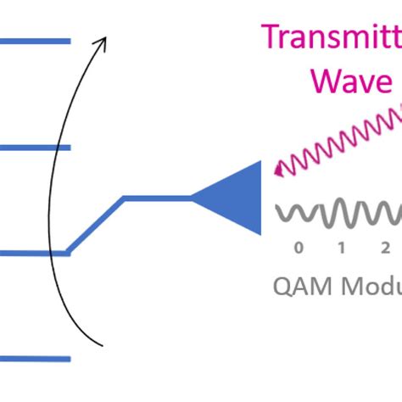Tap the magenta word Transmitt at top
pyautogui.click(x=332, y=38)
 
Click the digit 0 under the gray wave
pyautogui.click(x=298, y=248)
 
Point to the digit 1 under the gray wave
pyautogui.click(x=341, y=248)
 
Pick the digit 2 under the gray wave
pyautogui.click(x=384, y=248)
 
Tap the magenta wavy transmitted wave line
pyautogui.click(x=339, y=140)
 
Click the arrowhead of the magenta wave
pyautogui.click(x=277, y=172)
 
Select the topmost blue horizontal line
pyautogui.click(x=34, y=41)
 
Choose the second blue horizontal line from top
pyautogui.click(x=34, y=148)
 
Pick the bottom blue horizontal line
pyautogui.click(x=34, y=359)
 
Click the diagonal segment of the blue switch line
pyautogui.click(x=96, y=226)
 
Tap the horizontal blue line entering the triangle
pyautogui.click(x=157, y=198)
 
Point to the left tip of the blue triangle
pyautogui.click(x=193, y=198)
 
